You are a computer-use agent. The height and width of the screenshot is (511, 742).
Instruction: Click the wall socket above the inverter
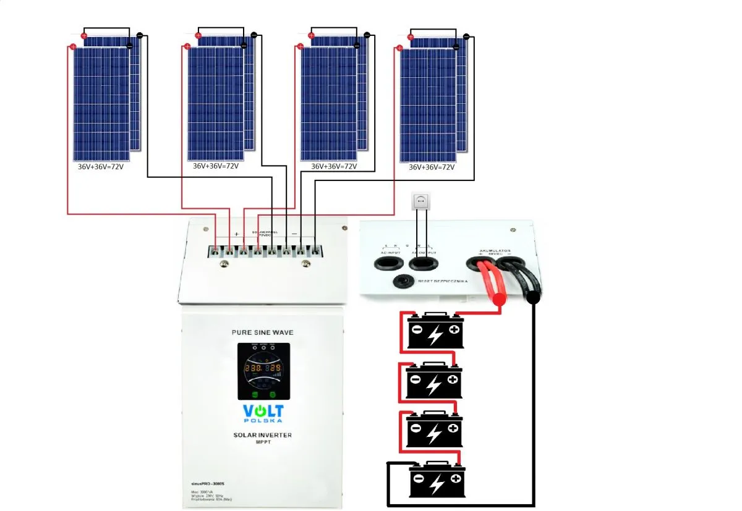click(420, 201)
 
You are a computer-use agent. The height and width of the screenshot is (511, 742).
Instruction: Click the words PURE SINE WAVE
click(262, 332)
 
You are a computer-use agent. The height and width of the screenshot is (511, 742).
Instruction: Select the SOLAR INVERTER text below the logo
click(262, 435)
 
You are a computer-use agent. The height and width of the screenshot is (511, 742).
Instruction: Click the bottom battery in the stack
click(436, 481)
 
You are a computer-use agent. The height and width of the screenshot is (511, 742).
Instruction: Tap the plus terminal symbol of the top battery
click(454, 330)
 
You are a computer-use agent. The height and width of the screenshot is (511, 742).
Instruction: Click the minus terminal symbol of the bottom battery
click(419, 478)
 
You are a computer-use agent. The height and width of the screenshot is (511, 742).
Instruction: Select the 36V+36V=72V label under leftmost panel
click(101, 167)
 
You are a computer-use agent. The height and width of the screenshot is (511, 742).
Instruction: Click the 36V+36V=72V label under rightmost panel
click(432, 167)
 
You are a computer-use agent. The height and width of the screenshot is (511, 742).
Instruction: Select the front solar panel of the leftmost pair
click(101, 104)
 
